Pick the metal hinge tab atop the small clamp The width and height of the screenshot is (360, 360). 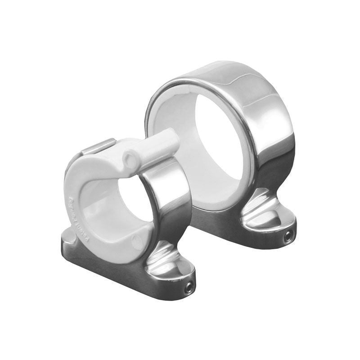[x=97, y=147]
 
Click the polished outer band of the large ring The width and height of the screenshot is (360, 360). [x=265, y=117]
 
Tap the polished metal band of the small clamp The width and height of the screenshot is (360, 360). [x=169, y=198]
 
